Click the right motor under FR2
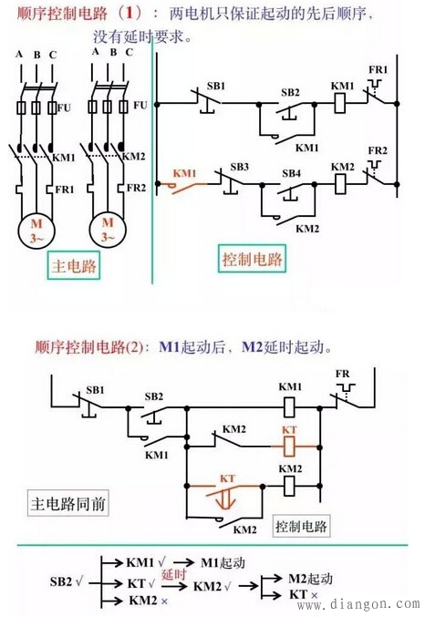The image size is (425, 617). point(108,230)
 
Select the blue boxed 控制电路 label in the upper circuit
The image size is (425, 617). point(253,259)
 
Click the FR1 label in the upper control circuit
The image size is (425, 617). point(378,70)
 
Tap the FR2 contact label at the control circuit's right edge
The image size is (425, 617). point(378,149)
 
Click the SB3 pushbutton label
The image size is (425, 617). point(239,168)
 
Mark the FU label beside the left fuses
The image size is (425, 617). point(64,108)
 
